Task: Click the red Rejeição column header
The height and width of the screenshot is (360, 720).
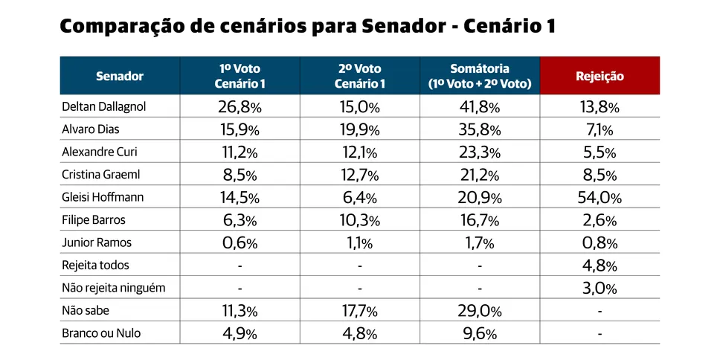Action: (x=600, y=76)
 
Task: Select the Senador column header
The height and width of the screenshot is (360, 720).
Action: (x=119, y=76)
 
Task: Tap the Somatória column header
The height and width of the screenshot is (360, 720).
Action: (x=480, y=76)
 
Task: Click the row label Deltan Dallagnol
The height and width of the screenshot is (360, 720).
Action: (x=103, y=106)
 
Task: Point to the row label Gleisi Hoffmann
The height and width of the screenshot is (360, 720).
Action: (x=102, y=198)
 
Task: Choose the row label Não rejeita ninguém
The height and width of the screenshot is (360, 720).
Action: (x=113, y=288)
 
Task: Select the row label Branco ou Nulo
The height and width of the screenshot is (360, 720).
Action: (x=100, y=333)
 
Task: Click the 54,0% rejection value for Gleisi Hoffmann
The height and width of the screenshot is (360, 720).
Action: (x=600, y=198)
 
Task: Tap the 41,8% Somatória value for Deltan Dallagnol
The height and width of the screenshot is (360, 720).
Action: (x=480, y=106)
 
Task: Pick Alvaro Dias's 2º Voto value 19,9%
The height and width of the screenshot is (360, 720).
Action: (x=359, y=129)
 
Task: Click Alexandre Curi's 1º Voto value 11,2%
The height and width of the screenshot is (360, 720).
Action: (x=239, y=152)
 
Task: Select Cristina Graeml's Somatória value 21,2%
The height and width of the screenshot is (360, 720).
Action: (x=480, y=175)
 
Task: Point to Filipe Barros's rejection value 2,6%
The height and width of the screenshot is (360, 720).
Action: (x=600, y=220)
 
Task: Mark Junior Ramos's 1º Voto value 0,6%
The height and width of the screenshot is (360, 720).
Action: (x=239, y=243)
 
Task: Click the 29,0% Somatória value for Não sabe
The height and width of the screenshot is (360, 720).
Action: (x=480, y=311)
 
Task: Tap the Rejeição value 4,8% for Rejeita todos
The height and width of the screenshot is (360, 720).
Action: (x=600, y=266)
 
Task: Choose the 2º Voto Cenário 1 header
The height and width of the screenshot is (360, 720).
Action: (x=359, y=76)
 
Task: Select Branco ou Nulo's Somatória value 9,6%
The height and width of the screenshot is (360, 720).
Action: (x=480, y=333)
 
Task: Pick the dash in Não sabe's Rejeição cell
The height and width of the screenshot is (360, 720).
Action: (x=600, y=311)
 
